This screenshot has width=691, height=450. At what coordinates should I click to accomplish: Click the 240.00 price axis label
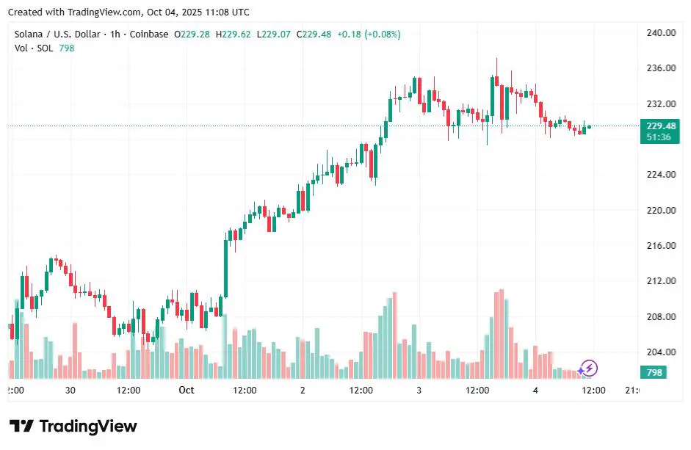[660, 33]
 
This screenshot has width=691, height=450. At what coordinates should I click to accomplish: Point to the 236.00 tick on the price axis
[660, 68]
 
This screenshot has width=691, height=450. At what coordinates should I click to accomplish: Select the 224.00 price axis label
[660, 175]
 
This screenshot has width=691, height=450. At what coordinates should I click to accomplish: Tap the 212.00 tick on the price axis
[660, 281]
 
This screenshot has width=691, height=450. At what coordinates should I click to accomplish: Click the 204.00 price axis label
[660, 352]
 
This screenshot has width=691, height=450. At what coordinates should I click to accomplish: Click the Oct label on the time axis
[187, 391]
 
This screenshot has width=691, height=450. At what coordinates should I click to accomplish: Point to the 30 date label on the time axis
[70, 391]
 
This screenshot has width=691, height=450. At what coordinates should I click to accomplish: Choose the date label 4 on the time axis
[535, 391]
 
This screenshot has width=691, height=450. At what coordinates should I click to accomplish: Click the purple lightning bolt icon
[589, 368]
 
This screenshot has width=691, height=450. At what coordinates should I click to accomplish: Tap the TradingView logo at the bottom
[73, 427]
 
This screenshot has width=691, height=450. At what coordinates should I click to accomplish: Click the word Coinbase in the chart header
[149, 35]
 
